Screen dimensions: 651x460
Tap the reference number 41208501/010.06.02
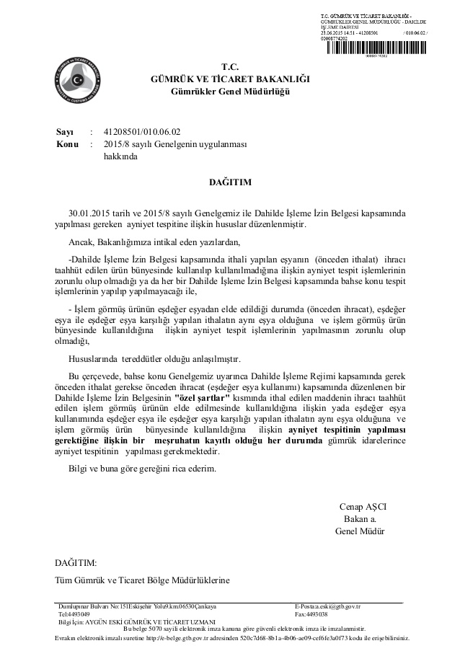click(142, 131)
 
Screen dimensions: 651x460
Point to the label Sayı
click(65, 131)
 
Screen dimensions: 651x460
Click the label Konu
click(67, 143)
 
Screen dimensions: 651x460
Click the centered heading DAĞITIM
click(230, 183)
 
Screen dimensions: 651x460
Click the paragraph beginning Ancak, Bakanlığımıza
click(152, 241)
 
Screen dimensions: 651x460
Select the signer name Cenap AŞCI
click(362, 505)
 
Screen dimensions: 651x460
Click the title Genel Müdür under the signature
click(360, 531)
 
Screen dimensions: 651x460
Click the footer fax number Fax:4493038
click(311, 614)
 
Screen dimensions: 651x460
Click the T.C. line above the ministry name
click(229, 65)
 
